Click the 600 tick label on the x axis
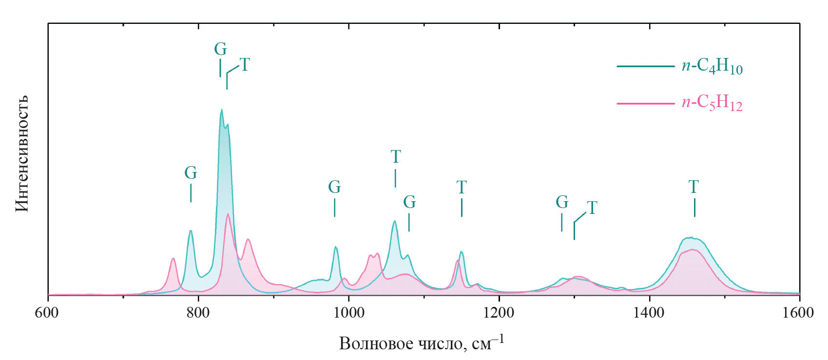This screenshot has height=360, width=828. [47, 312]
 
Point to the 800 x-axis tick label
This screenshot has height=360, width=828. [198, 312]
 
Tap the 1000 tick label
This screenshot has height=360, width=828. [348, 312]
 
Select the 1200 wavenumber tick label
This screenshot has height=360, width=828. [499, 312]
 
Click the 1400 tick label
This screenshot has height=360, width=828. [649, 312]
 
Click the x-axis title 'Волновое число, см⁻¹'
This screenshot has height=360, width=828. [422, 343]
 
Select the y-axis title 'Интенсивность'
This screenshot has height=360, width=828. [22, 153]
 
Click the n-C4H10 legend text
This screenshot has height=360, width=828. [712, 66]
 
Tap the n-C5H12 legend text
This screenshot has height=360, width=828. [712, 103]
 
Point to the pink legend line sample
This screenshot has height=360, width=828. [646, 103]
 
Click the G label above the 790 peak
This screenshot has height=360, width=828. [191, 173]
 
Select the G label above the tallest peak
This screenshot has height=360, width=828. [220, 49]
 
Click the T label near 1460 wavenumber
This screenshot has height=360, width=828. [693, 187]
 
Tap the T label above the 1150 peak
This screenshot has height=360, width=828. [462, 187]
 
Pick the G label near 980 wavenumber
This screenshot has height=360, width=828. [334, 187]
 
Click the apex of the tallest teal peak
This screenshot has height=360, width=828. [221, 110]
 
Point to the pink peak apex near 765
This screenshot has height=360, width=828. [173, 258]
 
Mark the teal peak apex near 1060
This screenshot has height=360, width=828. [395, 221]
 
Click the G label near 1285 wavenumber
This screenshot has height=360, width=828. [562, 202]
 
